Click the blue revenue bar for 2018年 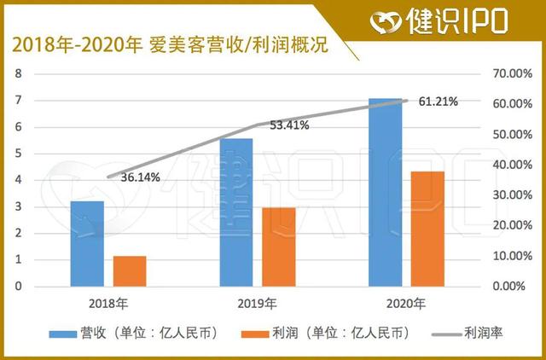click(87, 244)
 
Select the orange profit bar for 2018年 click(130, 271)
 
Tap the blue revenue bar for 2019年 click(236, 212)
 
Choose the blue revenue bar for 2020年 click(385, 193)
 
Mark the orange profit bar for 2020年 click(427, 229)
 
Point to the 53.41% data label click(289, 125)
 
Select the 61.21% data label click(439, 102)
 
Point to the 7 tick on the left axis click(18, 101)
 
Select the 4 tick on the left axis click(18, 180)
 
